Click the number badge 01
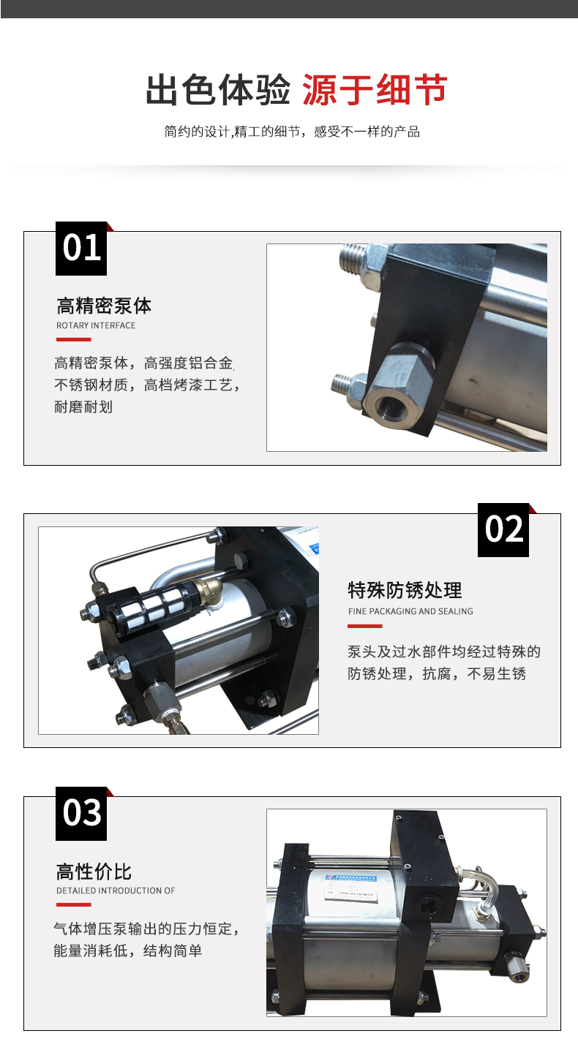(81, 248)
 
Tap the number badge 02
(503, 529)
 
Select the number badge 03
(81, 813)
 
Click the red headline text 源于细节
(375, 89)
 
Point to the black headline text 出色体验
(218, 89)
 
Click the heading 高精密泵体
(104, 306)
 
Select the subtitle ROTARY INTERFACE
(96, 325)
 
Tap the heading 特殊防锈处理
(405, 590)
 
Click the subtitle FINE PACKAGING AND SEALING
(410, 611)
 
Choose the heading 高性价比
(94, 872)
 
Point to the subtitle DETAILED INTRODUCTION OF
(116, 891)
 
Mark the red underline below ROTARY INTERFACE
(73, 339)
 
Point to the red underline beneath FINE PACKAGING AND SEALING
(365, 625)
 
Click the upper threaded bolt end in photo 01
(353, 260)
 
